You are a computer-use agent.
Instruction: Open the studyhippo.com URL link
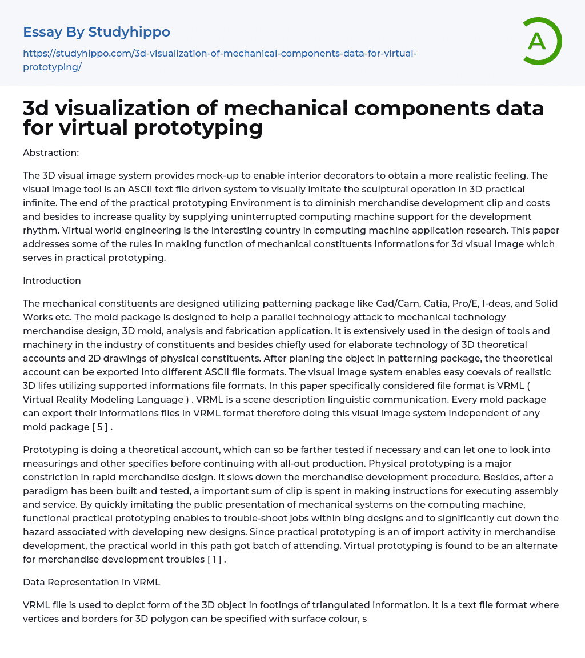[219, 60]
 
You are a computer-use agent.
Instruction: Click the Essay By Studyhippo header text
[96, 32]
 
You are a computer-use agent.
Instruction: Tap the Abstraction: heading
[51, 153]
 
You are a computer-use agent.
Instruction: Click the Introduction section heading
[52, 280]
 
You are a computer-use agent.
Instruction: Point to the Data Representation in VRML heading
[91, 582]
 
